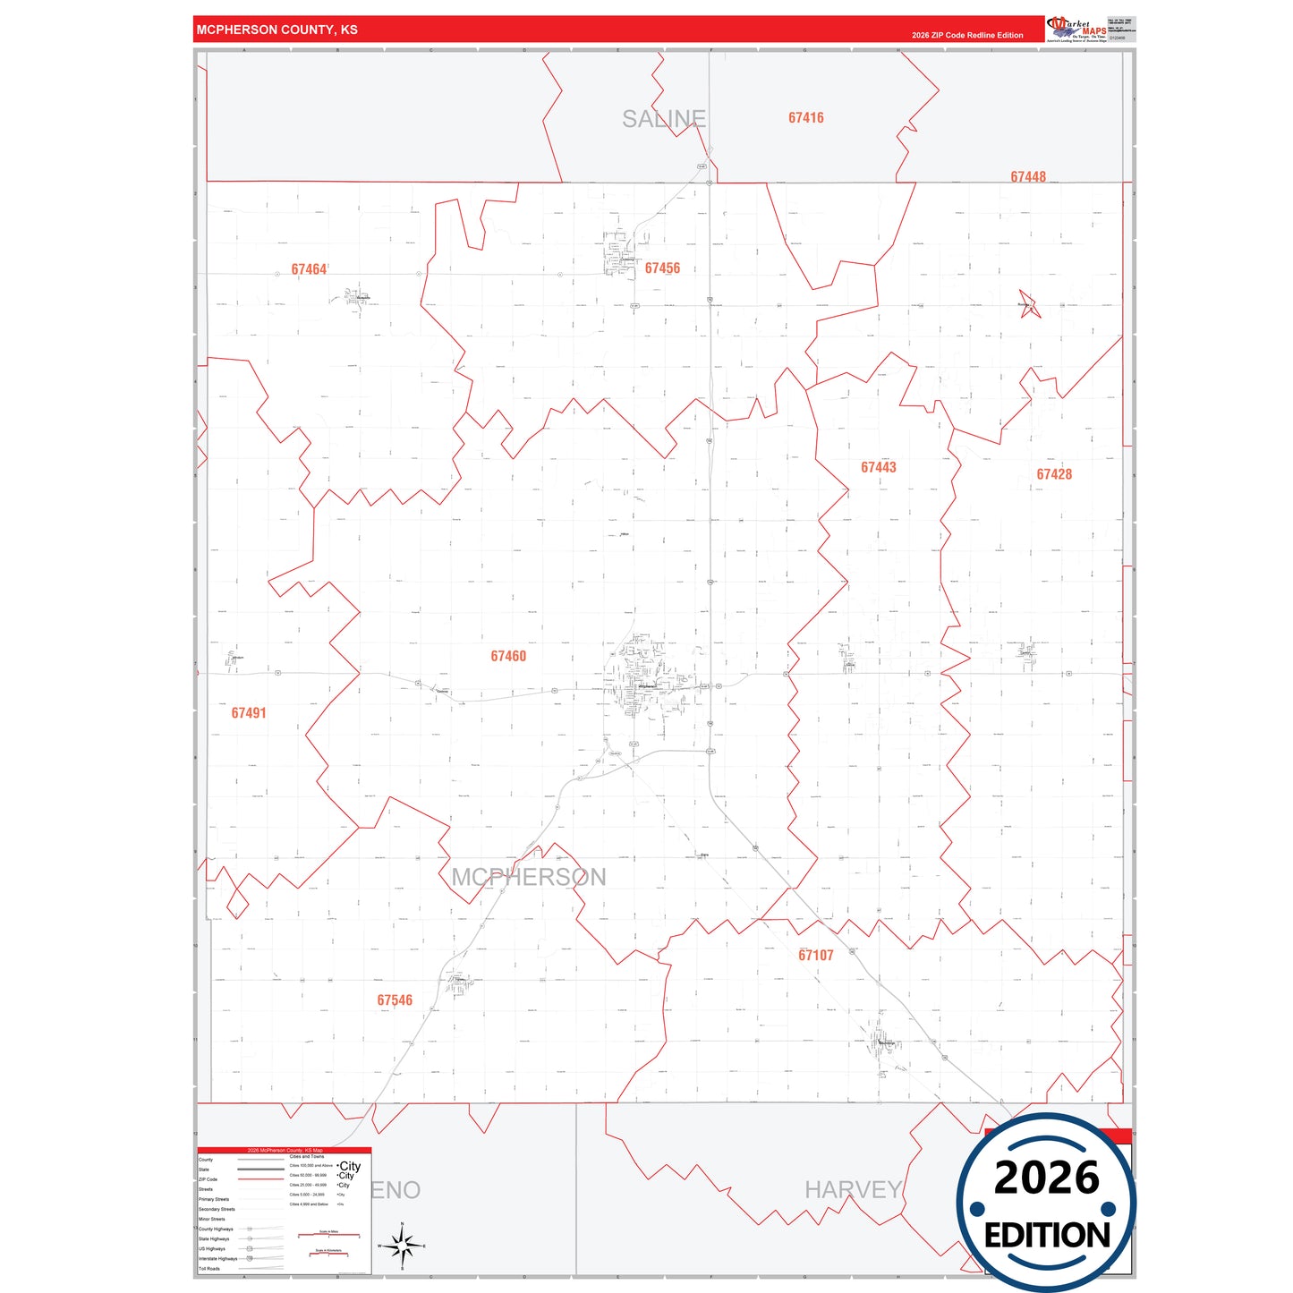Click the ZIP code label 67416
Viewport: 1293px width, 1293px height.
(805, 118)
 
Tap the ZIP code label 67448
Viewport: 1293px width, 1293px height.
(1027, 177)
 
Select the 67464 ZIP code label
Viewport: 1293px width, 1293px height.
(309, 269)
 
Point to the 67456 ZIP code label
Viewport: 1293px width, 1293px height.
(662, 268)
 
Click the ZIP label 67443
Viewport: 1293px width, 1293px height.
(878, 467)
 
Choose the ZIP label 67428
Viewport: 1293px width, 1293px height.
(1053, 474)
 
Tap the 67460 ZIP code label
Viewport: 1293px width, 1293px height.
(508, 656)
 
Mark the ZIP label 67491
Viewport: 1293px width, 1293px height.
(249, 713)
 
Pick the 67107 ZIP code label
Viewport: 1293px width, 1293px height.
(815, 955)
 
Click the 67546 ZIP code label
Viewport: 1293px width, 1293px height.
(395, 1000)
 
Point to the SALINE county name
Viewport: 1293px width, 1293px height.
(664, 119)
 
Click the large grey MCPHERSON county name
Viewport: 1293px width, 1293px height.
(528, 877)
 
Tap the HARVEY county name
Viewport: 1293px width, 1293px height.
(853, 1189)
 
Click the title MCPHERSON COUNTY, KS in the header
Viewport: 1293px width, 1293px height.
(276, 30)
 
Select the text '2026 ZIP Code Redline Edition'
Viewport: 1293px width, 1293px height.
(967, 35)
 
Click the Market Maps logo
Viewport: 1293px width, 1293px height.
(1076, 30)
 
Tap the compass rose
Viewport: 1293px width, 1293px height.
(402, 1245)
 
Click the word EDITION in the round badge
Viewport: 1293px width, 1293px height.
(1046, 1236)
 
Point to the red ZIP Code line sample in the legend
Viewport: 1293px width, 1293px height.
(260, 1179)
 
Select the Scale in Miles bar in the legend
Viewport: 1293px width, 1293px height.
(328, 1235)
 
